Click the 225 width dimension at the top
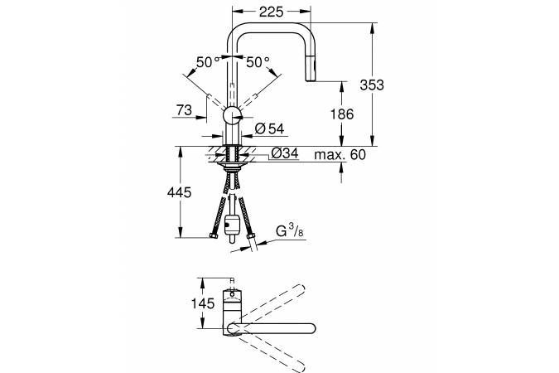click(x=271, y=12)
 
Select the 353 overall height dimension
click(x=372, y=85)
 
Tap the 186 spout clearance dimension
click(x=342, y=114)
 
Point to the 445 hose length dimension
click(x=180, y=193)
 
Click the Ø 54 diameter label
click(x=269, y=128)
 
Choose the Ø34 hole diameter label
click(x=285, y=153)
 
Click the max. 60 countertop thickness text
click(x=340, y=155)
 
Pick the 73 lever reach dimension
click(x=184, y=110)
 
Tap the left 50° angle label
click(x=208, y=62)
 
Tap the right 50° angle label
click(x=258, y=62)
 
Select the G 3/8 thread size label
click(x=290, y=231)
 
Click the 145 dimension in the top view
click(x=203, y=303)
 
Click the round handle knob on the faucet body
click(x=233, y=116)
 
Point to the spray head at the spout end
click(x=311, y=69)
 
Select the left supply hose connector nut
click(x=214, y=235)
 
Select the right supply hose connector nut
click(x=251, y=235)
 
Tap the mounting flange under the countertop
click(x=233, y=167)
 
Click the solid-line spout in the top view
click(x=272, y=328)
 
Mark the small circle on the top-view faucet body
click(x=233, y=294)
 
